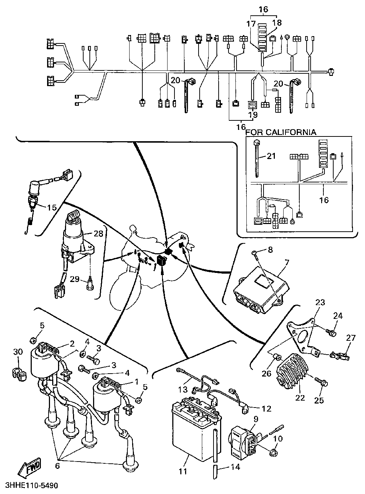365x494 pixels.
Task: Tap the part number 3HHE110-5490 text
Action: [x=32, y=486]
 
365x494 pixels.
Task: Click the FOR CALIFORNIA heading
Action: [x=281, y=132]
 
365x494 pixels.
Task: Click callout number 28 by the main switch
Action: [x=99, y=234]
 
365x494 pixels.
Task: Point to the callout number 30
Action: [x=18, y=351]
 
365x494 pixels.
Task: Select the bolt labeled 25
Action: [x=323, y=382]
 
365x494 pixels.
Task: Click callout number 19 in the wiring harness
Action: [x=253, y=115]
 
